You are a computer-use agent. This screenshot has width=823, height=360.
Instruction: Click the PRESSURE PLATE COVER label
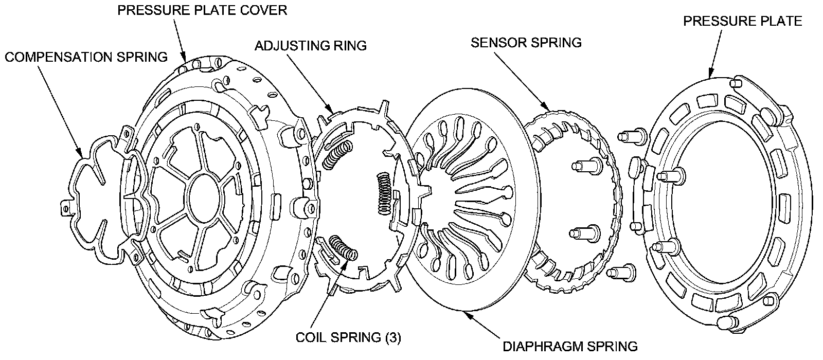pyautogui.click(x=202, y=10)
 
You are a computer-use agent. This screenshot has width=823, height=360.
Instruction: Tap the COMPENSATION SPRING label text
pyautogui.click(x=86, y=57)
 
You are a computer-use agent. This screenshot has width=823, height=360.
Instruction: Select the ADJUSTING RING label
pyautogui.click(x=311, y=46)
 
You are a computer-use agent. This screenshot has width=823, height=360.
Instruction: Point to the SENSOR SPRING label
pyautogui.click(x=526, y=42)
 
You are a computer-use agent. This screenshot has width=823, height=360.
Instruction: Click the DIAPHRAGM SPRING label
pyautogui.click(x=570, y=346)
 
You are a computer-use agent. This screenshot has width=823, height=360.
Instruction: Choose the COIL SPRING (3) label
pyautogui.click(x=348, y=337)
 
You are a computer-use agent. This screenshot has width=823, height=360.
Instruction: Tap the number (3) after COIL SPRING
pyautogui.click(x=391, y=337)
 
